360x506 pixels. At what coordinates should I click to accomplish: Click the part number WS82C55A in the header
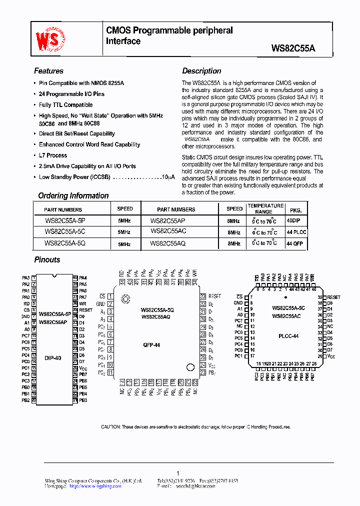(293, 48)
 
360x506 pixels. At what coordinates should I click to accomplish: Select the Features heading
(48, 71)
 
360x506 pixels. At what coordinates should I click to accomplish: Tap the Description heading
(201, 71)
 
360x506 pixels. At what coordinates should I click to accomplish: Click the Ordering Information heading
(73, 195)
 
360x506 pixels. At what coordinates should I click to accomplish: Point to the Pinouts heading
(47, 259)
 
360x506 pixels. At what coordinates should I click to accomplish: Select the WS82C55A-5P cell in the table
(65, 220)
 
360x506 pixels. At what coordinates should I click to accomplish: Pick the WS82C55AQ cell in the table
(168, 243)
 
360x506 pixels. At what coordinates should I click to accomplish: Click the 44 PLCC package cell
(296, 232)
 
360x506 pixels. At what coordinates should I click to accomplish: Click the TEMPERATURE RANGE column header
(266, 208)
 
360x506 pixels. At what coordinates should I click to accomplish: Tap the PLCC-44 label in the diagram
(288, 336)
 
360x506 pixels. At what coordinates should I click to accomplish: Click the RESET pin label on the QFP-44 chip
(214, 296)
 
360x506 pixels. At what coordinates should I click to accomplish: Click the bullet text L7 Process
(53, 155)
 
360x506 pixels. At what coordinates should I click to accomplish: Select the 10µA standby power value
(168, 177)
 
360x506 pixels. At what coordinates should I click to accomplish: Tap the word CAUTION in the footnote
(110, 427)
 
